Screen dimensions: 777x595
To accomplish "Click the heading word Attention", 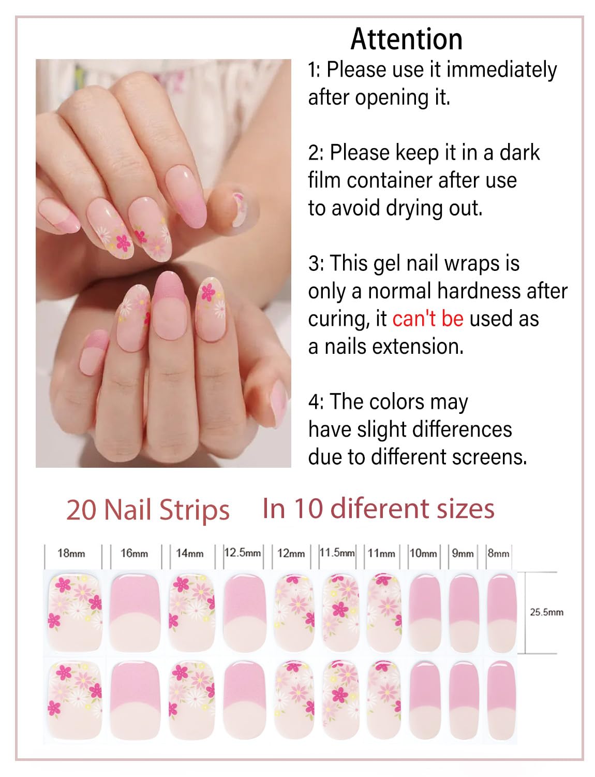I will [x=407, y=39].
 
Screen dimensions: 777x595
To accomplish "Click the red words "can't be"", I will [x=427, y=319].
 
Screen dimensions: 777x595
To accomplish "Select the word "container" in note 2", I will [x=395, y=180].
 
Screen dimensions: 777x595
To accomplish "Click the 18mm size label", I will [x=71, y=553].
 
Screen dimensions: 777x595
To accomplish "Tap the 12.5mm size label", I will [x=242, y=552].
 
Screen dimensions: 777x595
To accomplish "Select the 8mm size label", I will [x=498, y=553].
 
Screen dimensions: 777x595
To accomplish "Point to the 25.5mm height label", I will [x=546, y=612].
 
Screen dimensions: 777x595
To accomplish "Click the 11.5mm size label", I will [x=337, y=552].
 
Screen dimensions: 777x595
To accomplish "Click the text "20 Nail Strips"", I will [x=148, y=510].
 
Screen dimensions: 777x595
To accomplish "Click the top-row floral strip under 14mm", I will [x=191, y=611].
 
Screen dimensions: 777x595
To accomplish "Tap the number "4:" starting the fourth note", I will [x=316, y=402].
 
